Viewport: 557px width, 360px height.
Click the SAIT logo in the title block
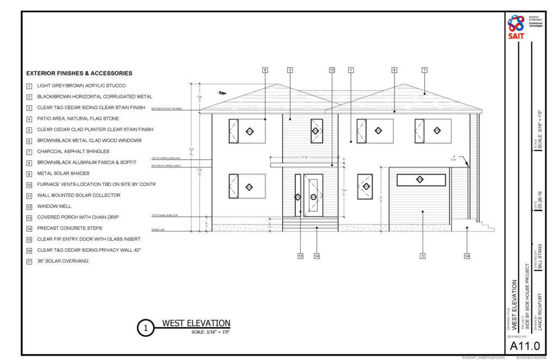[516, 27]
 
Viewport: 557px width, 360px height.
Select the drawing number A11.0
[524, 345]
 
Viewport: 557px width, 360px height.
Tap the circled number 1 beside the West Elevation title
[145, 328]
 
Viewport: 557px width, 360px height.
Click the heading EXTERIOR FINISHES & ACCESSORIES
[79, 73]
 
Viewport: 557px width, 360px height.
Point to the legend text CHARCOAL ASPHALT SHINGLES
[73, 151]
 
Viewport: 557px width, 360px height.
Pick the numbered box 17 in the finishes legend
[29, 261]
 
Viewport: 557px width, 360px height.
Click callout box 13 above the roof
[332, 70]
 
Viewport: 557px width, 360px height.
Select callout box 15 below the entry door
[300, 255]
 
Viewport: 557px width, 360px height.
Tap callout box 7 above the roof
[424, 70]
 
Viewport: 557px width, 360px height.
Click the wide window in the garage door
[421, 180]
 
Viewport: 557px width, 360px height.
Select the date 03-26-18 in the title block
[540, 203]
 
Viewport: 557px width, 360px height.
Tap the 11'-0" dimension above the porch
[305, 158]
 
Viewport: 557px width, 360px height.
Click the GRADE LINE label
[158, 231]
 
